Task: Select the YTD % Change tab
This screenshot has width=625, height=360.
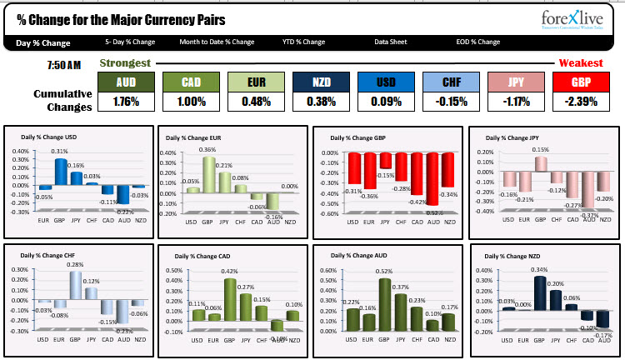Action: click(x=303, y=42)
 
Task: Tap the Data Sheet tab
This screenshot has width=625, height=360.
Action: click(x=390, y=42)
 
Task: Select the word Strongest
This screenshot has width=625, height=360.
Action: click(x=125, y=63)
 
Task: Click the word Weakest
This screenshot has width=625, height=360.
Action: click(x=581, y=63)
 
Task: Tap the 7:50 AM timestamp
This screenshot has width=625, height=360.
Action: click(x=63, y=65)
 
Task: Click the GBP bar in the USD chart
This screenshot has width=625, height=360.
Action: click(x=61, y=171)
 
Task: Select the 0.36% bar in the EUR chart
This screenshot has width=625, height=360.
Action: click(x=208, y=174)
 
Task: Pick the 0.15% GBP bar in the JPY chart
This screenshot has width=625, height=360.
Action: click(x=541, y=163)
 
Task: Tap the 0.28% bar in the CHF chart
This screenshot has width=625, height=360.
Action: click(x=76, y=285)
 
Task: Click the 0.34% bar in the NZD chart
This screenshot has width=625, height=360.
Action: click(x=540, y=293)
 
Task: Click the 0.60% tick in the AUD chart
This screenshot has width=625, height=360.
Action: click(x=327, y=270)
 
